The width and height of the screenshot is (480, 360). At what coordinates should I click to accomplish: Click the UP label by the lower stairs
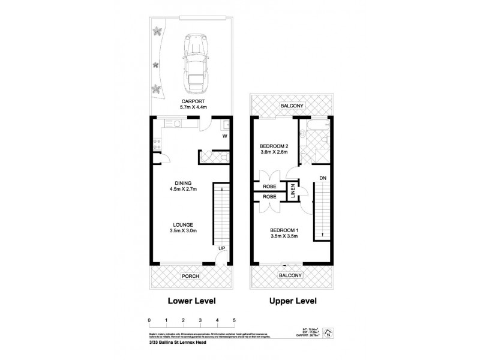tap(221, 248)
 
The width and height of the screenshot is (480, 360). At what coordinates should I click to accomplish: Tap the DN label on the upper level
tap(322, 178)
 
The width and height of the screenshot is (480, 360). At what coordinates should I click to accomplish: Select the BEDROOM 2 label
tap(274, 146)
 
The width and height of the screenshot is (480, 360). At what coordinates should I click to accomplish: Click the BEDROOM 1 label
tap(284, 231)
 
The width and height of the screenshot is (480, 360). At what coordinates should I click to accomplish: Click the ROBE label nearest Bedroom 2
tap(269, 187)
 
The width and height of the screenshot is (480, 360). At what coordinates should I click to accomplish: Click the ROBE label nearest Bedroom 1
tap(269, 196)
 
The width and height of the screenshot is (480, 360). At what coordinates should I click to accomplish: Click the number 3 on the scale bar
tap(200, 320)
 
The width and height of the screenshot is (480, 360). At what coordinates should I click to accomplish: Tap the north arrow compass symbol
tap(328, 332)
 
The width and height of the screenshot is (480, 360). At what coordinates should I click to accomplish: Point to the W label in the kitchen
tap(224, 136)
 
